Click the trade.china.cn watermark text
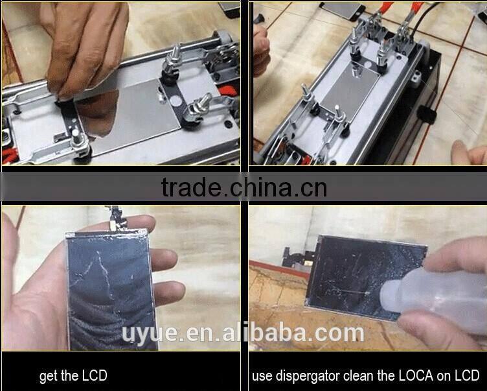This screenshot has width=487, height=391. click(x=243, y=187)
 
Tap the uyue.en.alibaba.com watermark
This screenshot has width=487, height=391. click(x=243, y=333)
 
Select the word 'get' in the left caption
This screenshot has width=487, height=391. click(x=49, y=376)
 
